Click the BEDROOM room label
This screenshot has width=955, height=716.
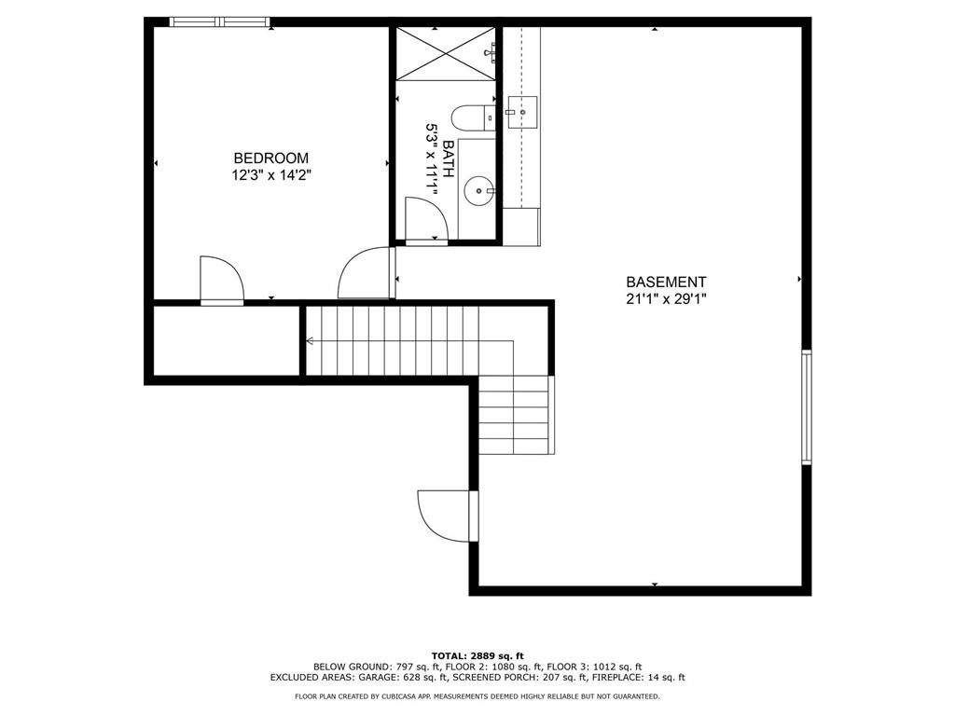[x=271, y=158]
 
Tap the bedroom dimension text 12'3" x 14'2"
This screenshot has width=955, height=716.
[x=271, y=175]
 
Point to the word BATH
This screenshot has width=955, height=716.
[x=449, y=158]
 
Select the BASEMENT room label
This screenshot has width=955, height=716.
[x=666, y=282]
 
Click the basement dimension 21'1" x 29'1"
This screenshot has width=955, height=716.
[x=666, y=299]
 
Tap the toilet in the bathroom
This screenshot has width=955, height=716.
[x=473, y=117]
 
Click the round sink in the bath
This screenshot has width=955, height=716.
[x=478, y=190]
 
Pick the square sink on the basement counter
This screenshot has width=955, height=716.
[x=521, y=112]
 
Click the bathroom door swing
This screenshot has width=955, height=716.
[x=426, y=219]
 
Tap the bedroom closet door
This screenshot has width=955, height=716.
[x=222, y=280]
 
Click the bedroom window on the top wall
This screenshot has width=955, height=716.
[x=219, y=22]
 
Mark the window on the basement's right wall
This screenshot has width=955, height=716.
[x=807, y=407]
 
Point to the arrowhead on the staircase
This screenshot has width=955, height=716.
[x=310, y=341]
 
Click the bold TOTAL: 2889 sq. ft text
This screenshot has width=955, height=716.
[x=477, y=655]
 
